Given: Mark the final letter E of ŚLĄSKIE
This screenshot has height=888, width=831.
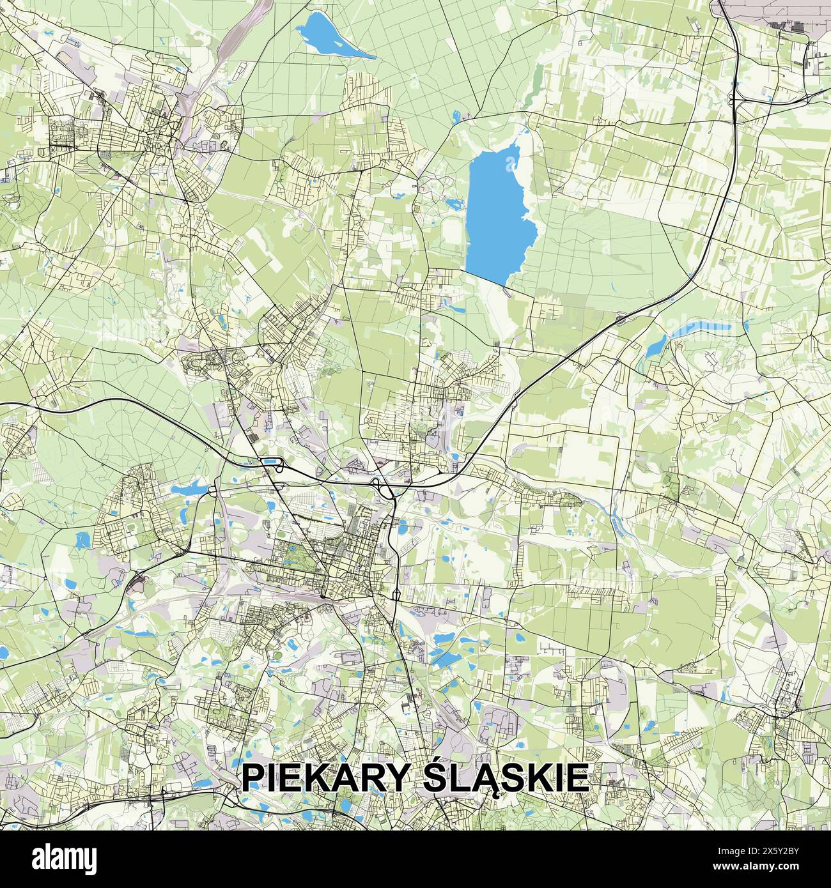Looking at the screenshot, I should [578, 778].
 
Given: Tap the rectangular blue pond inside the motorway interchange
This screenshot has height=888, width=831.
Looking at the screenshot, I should [271, 461].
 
